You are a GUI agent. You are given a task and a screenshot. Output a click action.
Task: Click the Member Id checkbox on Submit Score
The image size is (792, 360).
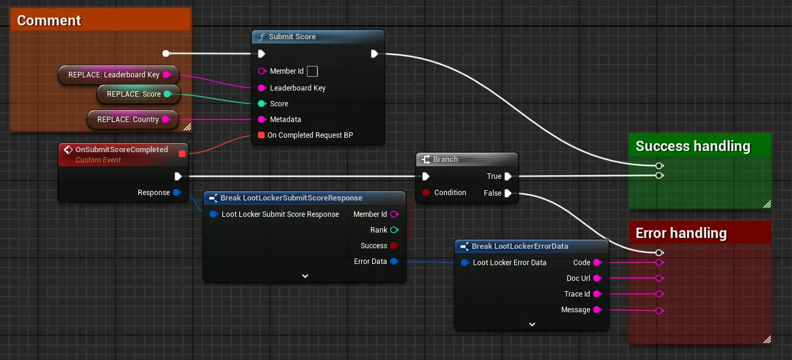[312, 71]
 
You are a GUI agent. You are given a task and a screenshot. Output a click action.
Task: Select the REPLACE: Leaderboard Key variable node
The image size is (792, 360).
[119, 75]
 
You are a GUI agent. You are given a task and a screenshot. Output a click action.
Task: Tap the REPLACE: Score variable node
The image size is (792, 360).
[138, 94]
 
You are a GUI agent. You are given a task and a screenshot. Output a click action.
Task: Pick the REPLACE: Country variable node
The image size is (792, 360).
[133, 120]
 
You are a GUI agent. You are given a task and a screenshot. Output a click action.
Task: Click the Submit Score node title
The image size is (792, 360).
[292, 36]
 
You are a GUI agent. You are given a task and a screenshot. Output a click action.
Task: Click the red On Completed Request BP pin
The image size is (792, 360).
[262, 135]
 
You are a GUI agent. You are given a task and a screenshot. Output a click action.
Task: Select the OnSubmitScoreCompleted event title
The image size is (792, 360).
[121, 150]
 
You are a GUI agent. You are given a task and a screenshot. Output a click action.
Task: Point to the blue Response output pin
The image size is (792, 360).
[177, 192]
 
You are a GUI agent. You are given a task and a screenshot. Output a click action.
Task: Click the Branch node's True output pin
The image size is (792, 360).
[508, 176]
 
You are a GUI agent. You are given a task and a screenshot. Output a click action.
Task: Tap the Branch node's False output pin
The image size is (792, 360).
[508, 193]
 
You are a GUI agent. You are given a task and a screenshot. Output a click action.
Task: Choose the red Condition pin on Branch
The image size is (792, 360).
[426, 192]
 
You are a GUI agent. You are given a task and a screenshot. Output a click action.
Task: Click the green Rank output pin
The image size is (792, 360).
[394, 230]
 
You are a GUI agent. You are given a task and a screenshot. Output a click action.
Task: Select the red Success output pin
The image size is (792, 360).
[394, 245]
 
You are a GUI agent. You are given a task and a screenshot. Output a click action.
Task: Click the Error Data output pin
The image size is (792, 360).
[394, 262]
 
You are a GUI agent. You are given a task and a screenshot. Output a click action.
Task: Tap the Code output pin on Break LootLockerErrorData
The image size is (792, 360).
[597, 262]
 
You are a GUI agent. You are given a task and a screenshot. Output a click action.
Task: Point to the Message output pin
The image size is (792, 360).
[597, 310]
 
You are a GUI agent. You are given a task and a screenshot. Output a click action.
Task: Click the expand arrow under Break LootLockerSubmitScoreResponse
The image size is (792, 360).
[305, 276]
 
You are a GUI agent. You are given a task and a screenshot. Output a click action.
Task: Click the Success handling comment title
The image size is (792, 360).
[693, 146]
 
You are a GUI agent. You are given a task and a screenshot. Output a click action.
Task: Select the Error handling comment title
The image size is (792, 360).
[681, 233]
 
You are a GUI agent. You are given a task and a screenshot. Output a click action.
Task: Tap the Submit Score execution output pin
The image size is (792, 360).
[375, 54]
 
